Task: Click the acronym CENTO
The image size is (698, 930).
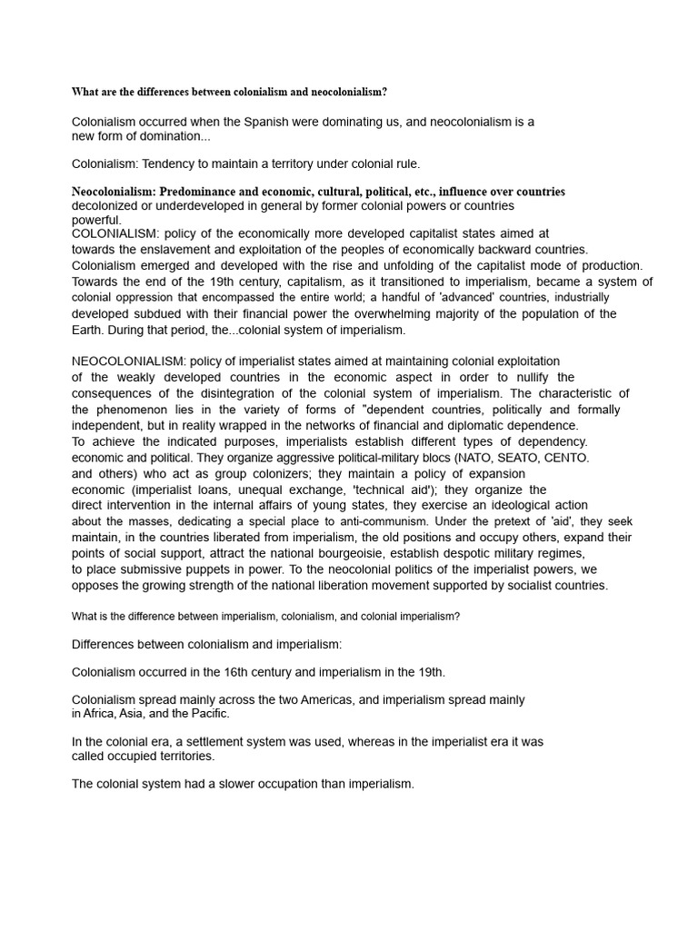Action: [566, 458]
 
